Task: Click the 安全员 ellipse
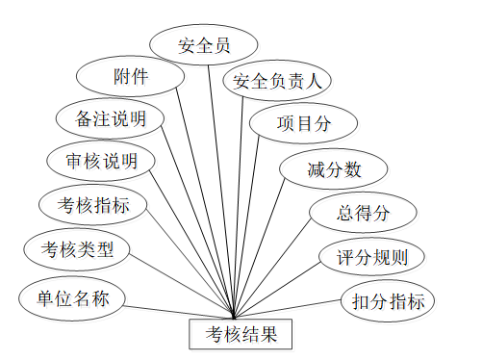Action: tap(204, 45)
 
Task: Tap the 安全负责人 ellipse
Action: tap(277, 81)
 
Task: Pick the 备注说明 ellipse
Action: tap(113, 119)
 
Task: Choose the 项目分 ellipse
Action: tap(304, 122)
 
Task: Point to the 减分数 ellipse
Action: tap(334, 170)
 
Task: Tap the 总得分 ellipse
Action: tap(363, 213)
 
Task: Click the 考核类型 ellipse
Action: tap(77, 250)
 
